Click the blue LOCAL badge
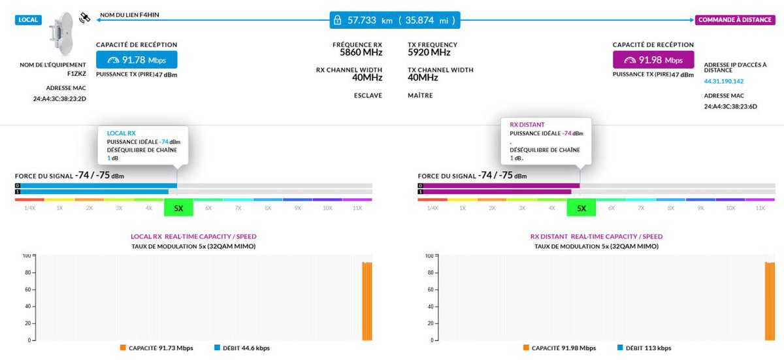click(x=28, y=20)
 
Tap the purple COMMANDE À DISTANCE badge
click(x=735, y=20)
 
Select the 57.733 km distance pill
click(x=395, y=20)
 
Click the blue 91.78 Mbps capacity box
click(x=137, y=60)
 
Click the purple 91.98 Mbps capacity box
click(x=653, y=60)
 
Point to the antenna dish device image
click(x=62, y=33)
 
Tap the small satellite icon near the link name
click(x=84, y=18)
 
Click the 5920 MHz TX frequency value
click(x=429, y=52)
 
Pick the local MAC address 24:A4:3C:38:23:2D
click(x=59, y=99)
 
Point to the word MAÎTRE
click(x=420, y=95)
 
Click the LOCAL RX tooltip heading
click(x=121, y=133)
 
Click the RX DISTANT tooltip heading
click(x=527, y=124)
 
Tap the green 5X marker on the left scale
click(x=178, y=208)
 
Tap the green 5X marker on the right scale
click(x=581, y=208)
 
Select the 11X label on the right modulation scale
click(x=760, y=208)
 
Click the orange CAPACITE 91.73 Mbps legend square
click(x=123, y=348)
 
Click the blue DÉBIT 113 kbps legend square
click(x=620, y=348)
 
